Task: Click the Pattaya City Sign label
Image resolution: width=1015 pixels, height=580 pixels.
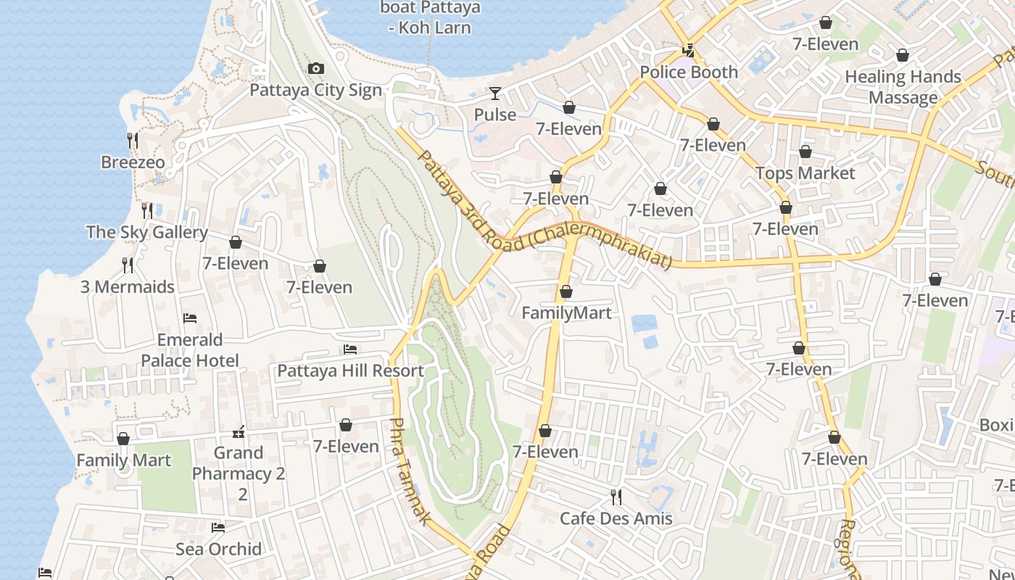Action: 315,90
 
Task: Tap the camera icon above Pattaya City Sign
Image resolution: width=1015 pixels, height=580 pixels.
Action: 316,69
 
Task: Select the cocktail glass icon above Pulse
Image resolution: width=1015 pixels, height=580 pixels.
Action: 495,94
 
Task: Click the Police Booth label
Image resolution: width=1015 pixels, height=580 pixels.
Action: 688,72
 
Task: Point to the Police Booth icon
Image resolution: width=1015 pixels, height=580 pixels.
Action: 688,51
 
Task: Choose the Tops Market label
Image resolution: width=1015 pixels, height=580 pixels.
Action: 805,173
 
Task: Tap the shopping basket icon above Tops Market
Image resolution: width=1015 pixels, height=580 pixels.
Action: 805,152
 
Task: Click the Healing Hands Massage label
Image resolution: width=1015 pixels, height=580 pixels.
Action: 903,87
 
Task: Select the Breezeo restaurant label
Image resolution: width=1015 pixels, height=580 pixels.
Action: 133,162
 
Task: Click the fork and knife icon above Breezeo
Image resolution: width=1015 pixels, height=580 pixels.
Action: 133,140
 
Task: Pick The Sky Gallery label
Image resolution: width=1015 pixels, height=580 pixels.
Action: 147,232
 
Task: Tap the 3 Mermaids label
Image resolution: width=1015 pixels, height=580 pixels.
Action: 128,286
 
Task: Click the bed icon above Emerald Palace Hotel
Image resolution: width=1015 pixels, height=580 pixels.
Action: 190,318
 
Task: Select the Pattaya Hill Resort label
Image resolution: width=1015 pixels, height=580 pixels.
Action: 350,370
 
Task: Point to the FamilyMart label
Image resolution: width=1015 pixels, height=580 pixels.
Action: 566,312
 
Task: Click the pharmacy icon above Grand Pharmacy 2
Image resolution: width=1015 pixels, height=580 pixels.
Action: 239,433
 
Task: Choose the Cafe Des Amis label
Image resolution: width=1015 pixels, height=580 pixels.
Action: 616,518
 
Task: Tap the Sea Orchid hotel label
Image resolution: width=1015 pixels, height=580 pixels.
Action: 218,549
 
